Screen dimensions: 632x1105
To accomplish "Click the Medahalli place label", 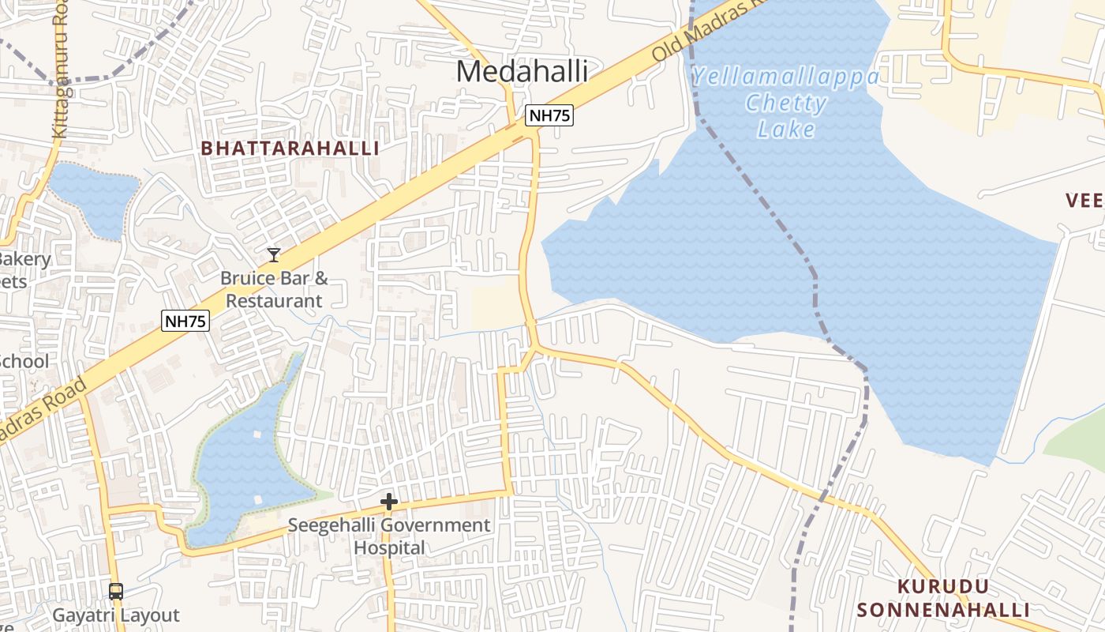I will (x=522, y=72).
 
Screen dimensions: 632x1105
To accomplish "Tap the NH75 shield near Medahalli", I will (x=549, y=115).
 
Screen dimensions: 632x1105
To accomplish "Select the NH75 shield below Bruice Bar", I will (x=185, y=321).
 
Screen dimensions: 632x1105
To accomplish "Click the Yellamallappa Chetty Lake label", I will (x=785, y=103).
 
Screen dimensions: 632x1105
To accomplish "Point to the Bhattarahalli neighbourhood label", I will (x=290, y=149).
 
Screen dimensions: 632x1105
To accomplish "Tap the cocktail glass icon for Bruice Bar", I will (x=274, y=254).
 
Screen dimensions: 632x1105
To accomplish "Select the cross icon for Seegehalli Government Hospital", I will (x=388, y=502).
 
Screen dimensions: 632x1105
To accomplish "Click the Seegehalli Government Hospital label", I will (x=388, y=536).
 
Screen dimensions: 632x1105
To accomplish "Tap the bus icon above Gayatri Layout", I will (x=116, y=591).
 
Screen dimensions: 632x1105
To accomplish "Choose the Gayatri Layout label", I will (x=116, y=615).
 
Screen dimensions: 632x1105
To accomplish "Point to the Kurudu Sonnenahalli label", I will (x=943, y=598).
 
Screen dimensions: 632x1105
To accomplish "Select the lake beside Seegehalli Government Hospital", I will (x=245, y=466).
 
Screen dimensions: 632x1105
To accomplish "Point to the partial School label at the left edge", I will (x=24, y=361).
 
